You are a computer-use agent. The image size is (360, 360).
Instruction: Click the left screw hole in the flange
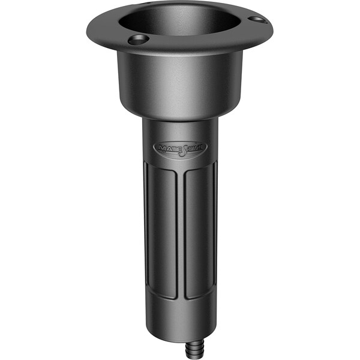point(138,40)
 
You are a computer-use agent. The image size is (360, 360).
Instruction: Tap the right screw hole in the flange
point(256,20)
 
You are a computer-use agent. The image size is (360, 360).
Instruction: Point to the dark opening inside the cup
point(180,21)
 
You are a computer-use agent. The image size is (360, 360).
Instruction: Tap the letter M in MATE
point(161,147)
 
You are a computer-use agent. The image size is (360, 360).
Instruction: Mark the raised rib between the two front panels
point(180,234)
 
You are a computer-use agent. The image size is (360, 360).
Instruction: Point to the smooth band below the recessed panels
point(179,315)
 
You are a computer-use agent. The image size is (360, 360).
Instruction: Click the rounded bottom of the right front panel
point(198,296)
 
